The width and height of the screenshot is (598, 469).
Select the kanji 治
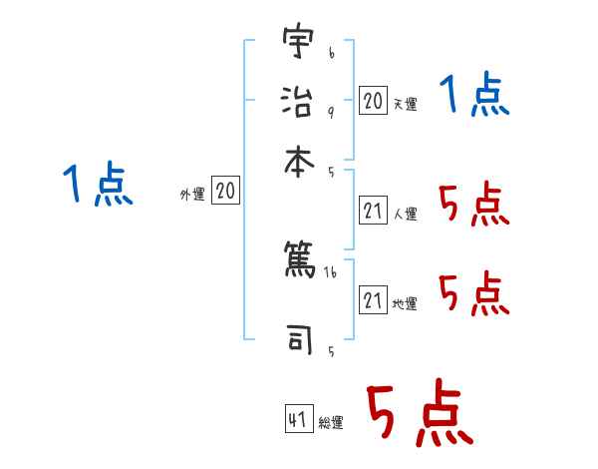[297, 100]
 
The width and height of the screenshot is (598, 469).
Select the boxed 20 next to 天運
[373, 101]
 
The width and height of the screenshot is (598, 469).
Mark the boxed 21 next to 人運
[373, 211]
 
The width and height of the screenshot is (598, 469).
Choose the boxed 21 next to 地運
[373, 300]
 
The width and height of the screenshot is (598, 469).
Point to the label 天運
[405, 104]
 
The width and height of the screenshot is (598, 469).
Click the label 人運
[405, 214]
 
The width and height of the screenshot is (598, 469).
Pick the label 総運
[331, 422]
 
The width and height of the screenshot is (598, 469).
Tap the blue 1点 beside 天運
[474, 97]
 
